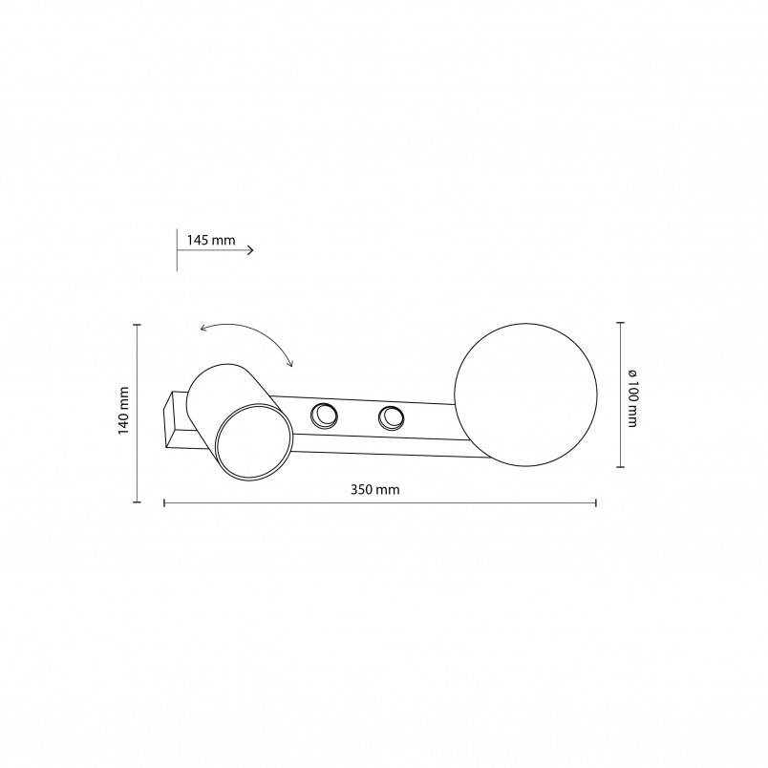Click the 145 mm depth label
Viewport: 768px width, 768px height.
pos(211,240)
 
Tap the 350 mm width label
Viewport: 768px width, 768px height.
pos(375,489)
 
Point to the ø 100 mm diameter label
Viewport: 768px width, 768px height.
pos(631,397)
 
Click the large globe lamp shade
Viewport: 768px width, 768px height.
pos(525,395)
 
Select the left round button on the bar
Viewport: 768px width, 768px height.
pos(324,416)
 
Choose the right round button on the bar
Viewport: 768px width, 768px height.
pos(391,418)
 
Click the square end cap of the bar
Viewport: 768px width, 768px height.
pos(170,419)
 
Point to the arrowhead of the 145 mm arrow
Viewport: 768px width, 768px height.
pos(251,250)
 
